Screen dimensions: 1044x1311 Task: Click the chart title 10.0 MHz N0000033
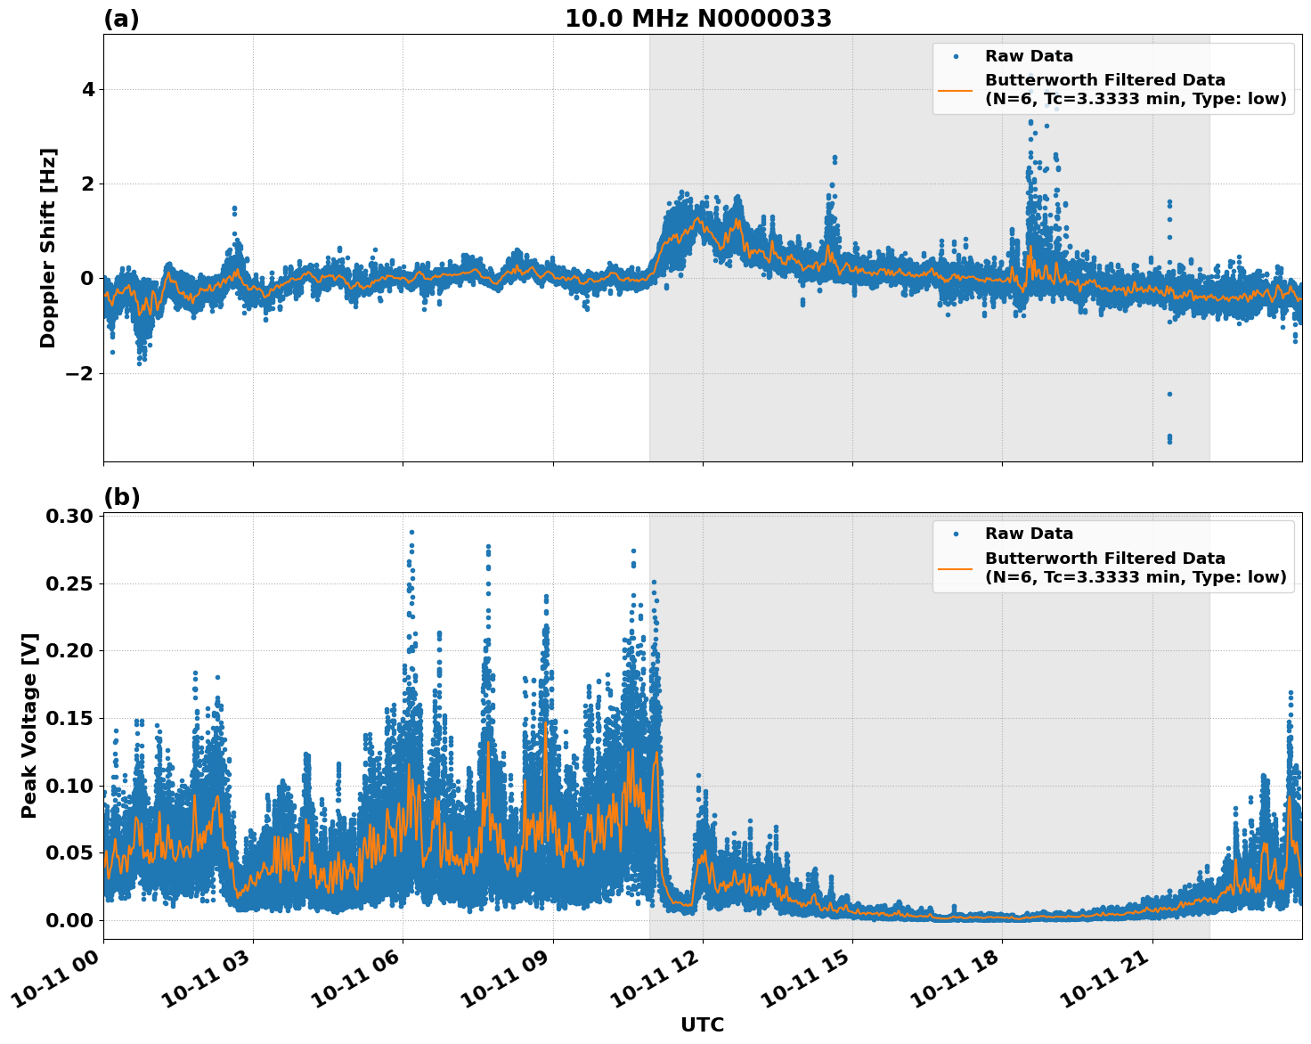point(698,19)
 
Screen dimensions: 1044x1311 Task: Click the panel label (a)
point(121,19)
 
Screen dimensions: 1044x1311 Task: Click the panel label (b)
point(121,497)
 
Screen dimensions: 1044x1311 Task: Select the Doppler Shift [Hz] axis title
point(48,248)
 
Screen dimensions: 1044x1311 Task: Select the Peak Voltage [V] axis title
point(29,725)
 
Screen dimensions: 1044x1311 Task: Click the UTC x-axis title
point(702,1024)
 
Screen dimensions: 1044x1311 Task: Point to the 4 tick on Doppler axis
point(87,89)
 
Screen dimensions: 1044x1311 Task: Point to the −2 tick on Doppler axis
point(80,373)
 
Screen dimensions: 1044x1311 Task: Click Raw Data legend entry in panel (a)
point(1029,56)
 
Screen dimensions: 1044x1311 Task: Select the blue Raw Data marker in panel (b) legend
point(956,534)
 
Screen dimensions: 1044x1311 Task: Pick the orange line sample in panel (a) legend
point(956,89)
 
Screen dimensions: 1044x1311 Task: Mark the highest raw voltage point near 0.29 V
point(411,532)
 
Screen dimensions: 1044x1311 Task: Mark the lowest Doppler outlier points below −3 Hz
point(1169,438)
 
